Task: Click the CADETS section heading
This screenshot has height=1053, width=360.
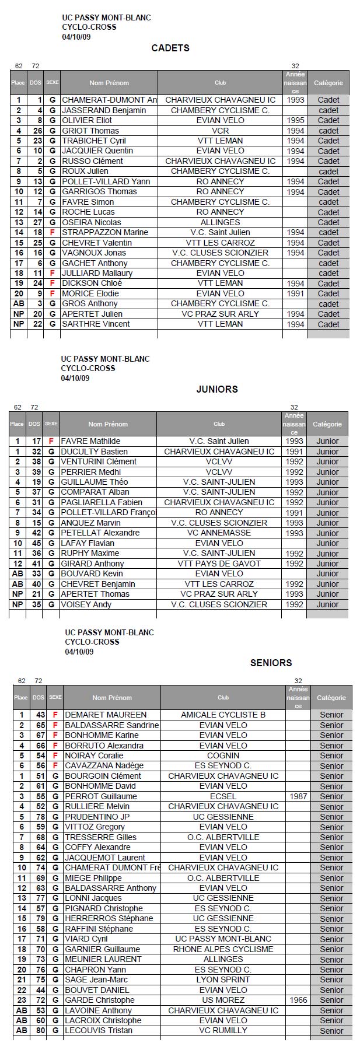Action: coord(170,48)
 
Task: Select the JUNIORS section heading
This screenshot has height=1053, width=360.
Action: coord(217,389)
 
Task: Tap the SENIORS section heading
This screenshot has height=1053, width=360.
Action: coord(271,663)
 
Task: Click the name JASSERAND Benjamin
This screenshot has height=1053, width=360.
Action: coord(104,110)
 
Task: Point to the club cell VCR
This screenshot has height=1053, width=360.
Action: coord(220,131)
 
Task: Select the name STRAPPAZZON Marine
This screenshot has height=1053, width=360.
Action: coord(105,232)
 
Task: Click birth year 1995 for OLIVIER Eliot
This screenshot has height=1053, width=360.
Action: coord(295,120)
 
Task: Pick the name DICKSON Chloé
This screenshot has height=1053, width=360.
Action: coord(92,283)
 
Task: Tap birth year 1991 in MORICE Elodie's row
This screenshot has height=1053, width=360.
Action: coord(295,293)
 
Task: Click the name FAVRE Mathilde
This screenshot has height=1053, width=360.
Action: coord(90,441)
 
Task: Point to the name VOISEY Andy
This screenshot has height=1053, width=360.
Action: coord(86,604)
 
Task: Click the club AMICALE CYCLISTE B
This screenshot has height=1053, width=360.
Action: coord(223,715)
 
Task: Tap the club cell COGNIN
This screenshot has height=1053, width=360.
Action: coord(223,755)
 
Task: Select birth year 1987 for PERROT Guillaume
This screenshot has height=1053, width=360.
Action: coord(298,796)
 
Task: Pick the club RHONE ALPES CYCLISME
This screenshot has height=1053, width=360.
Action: coord(223,949)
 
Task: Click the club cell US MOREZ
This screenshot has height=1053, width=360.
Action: coord(223,1000)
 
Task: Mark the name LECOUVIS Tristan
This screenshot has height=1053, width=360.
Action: coord(99,1030)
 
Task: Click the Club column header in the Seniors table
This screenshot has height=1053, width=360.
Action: coord(223,698)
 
